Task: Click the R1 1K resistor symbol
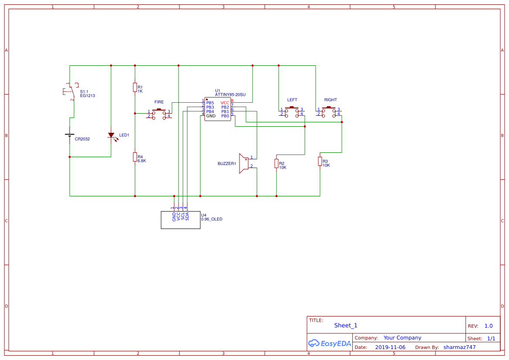[x=135, y=87]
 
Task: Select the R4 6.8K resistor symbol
[x=135, y=157]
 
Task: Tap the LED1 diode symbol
[x=111, y=135]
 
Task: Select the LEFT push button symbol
[x=292, y=111]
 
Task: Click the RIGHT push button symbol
[x=329, y=111]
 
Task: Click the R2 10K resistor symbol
[x=276, y=163]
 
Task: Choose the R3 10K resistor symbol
[x=320, y=161]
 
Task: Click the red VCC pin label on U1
[x=225, y=103]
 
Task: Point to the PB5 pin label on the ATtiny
[x=210, y=103]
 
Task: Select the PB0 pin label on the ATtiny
[x=225, y=116]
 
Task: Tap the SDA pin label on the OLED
[x=187, y=216]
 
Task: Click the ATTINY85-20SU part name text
[x=230, y=94]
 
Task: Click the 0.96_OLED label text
[x=212, y=219]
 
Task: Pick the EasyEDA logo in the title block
[x=329, y=343]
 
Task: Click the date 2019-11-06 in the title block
[x=390, y=347]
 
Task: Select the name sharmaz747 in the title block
[x=459, y=347]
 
